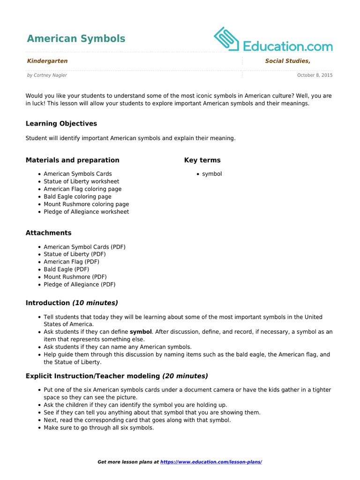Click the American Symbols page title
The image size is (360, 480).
pos(76,38)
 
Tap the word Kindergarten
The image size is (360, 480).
pos(47,61)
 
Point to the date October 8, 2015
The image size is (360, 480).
pos(315,75)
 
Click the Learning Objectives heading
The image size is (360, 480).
pos(61,124)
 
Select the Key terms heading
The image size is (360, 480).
pos(202,160)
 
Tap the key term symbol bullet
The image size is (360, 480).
pos(212,174)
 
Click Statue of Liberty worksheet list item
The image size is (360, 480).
pos(81,181)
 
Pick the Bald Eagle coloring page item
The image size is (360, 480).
pos(77,197)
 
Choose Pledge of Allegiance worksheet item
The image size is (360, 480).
pos(86,212)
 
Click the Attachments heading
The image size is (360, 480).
pos(49,233)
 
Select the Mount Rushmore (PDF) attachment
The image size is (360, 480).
pos(75,277)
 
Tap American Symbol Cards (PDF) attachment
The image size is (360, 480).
pos(84,247)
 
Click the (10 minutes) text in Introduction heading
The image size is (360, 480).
pos(95,303)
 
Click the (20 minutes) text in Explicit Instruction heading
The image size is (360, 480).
pos(185,376)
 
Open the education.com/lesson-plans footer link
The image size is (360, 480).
pos(211,462)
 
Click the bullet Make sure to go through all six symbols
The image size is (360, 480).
pos(98,428)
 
